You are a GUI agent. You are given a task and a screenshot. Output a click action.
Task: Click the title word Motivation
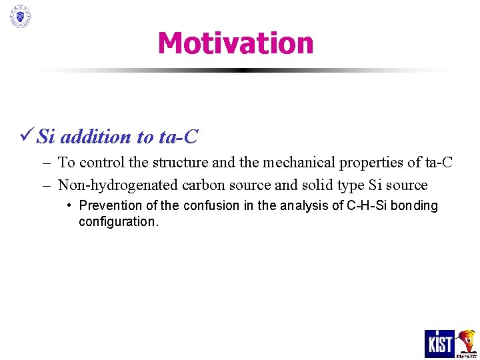coord(235,43)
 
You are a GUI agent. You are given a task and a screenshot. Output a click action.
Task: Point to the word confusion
coord(213,206)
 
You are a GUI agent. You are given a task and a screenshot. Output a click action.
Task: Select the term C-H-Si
coord(367,206)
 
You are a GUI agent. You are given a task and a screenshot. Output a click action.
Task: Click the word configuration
coord(118,222)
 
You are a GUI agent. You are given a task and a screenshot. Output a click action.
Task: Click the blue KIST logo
coord(439,343)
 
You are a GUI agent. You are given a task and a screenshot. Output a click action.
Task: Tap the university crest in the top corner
coord(20,16)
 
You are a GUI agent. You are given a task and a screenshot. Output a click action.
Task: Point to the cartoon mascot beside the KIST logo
coord(467,343)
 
